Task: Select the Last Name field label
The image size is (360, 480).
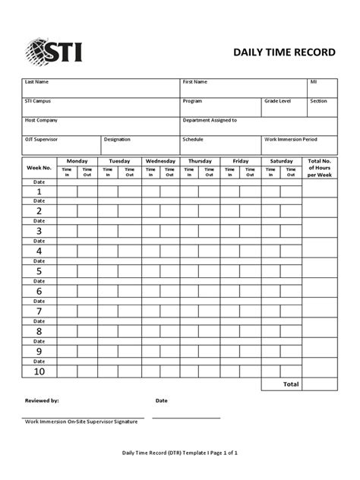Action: (37, 81)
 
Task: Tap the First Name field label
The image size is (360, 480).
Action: (196, 81)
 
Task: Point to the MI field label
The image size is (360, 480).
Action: (313, 81)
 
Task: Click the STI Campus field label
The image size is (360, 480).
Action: (39, 101)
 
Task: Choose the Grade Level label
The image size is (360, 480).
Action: (278, 101)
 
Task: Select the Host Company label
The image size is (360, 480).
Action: (41, 120)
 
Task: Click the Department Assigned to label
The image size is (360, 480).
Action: (210, 120)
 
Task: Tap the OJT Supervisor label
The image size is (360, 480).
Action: (41, 140)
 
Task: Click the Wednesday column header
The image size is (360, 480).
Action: (160, 161)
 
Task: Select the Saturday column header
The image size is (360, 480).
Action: (281, 161)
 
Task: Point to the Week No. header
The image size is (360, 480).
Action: (39, 167)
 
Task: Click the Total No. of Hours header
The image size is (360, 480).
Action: (320, 168)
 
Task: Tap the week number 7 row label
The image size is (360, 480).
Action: (39, 311)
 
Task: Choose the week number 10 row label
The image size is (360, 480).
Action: (39, 372)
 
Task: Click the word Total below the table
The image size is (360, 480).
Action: (291, 384)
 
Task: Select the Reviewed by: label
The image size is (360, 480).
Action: (42, 400)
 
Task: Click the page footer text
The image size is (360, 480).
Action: (181, 453)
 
